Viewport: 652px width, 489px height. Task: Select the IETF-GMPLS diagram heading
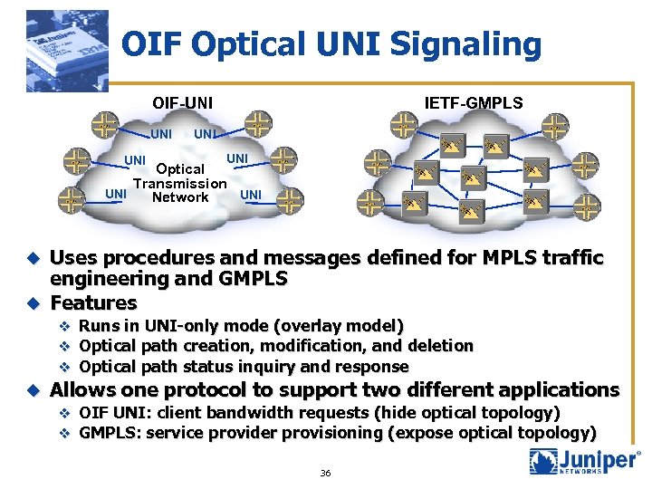[x=474, y=102]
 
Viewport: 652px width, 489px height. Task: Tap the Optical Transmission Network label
[x=180, y=183]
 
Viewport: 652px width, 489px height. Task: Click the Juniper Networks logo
[x=584, y=461]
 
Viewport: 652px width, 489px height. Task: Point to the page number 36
[x=325, y=473]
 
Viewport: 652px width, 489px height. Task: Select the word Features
[x=93, y=302]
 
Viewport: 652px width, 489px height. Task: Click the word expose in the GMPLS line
[x=423, y=434]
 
